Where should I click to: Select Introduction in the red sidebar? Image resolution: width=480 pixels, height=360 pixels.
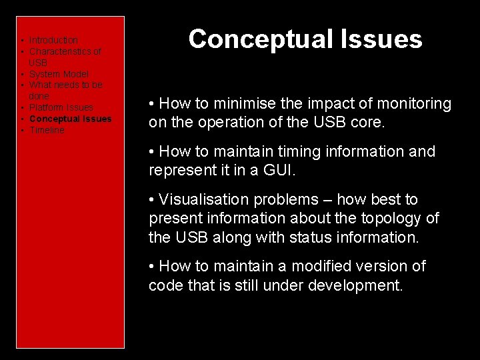tap(53, 41)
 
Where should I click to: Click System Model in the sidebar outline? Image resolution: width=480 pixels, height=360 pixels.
tap(59, 74)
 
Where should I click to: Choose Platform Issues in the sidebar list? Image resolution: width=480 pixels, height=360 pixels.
tap(61, 107)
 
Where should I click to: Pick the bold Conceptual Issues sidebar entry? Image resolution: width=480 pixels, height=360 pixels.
tap(71, 119)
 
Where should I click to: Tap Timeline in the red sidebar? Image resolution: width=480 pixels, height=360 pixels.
tap(47, 130)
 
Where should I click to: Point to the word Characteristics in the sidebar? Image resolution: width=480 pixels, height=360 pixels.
tap(65, 51)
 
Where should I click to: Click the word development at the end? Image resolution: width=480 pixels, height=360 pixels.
tap(353, 285)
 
